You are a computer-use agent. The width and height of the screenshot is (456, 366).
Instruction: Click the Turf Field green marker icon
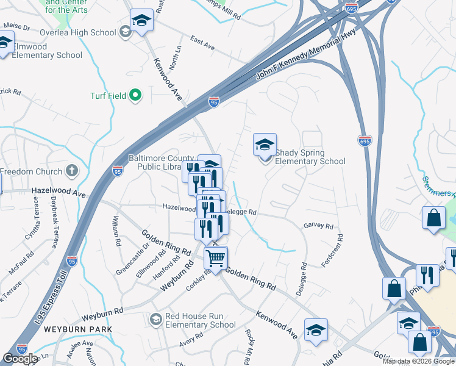point(135,95)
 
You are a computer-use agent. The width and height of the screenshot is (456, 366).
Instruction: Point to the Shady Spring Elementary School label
point(310,157)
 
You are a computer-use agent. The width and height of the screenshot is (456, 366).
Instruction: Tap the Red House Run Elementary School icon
point(156,320)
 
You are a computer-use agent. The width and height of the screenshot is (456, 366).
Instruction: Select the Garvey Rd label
point(319,226)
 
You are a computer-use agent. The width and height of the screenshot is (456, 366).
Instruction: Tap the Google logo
point(21,359)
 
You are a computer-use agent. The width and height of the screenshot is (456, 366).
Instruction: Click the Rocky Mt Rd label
point(254,343)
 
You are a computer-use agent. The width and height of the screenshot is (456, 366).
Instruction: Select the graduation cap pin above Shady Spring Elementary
point(265,145)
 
